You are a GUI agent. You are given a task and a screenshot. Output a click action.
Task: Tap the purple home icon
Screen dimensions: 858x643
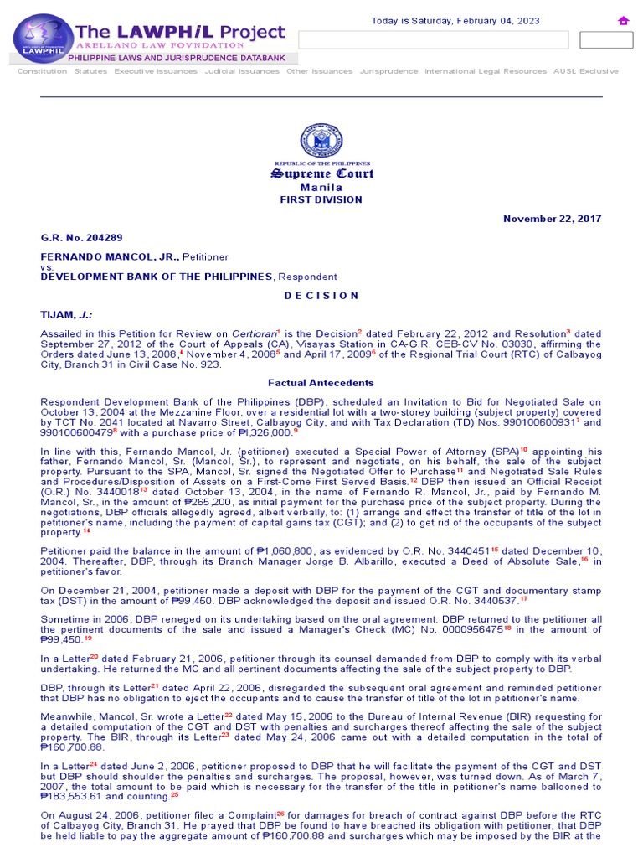tap(623, 21)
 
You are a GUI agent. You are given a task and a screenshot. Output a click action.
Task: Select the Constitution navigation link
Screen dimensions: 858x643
tap(42, 71)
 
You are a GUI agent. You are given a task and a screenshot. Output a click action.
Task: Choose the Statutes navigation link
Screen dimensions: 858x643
tap(90, 71)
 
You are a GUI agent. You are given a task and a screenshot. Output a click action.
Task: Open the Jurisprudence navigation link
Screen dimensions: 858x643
tap(388, 71)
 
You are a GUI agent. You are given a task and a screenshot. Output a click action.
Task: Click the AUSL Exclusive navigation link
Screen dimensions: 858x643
tap(585, 71)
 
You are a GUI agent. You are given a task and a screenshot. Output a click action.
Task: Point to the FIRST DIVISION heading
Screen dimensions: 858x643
tap(321, 199)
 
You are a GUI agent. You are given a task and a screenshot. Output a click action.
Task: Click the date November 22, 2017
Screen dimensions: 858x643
tap(552, 219)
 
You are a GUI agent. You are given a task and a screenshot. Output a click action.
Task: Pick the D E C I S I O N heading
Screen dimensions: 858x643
tap(321, 296)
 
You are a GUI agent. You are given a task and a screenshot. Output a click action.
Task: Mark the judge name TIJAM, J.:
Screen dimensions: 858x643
tap(68, 314)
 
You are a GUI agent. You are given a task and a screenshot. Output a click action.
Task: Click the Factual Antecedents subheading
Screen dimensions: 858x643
tap(321, 383)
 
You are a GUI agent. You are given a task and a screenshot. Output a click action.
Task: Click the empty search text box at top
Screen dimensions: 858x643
tap(434, 40)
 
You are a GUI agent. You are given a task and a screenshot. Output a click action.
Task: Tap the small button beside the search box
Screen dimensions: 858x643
tap(606, 40)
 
